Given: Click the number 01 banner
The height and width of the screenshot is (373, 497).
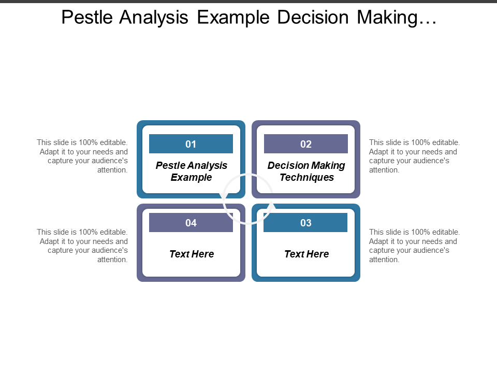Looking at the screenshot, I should pyautogui.click(x=191, y=144).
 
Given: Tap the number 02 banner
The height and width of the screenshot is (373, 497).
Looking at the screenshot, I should pyautogui.click(x=306, y=144).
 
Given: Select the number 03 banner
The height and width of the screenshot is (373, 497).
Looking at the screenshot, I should pyautogui.click(x=305, y=222).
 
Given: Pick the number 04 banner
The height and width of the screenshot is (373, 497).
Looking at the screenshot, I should pyautogui.click(x=191, y=222).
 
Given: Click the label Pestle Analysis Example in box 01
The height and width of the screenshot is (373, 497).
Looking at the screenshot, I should pyautogui.click(x=192, y=171).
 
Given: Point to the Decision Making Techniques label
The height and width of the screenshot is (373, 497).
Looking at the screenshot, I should pyautogui.click(x=306, y=171).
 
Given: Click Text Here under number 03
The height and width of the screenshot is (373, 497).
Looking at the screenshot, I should pyautogui.click(x=306, y=254).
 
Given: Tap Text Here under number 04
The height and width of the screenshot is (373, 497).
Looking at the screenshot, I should pyautogui.click(x=192, y=254).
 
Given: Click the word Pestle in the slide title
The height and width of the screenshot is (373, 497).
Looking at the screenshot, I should pyautogui.click(x=87, y=17).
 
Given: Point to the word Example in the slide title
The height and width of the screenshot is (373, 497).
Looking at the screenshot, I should pyautogui.click(x=233, y=17).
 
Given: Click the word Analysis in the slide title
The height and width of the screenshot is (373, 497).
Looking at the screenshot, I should pyautogui.click(x=153, y=17).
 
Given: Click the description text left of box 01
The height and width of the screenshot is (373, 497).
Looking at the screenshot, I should pyautogui.click(x=83, y=156).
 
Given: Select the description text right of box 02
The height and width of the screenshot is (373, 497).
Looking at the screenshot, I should pyautogui.click(x=414, y=156).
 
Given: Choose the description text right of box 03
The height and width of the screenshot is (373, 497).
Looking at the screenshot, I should pyautogui.click(x=414, y=246).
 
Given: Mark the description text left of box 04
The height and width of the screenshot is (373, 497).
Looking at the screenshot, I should pyautogui.click(x=83, y=246).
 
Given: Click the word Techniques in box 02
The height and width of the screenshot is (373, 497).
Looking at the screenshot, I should pyautogui.click(x=307, y=177).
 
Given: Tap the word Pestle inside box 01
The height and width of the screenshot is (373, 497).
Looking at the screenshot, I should pyautogui.click(x=170, y=166).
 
